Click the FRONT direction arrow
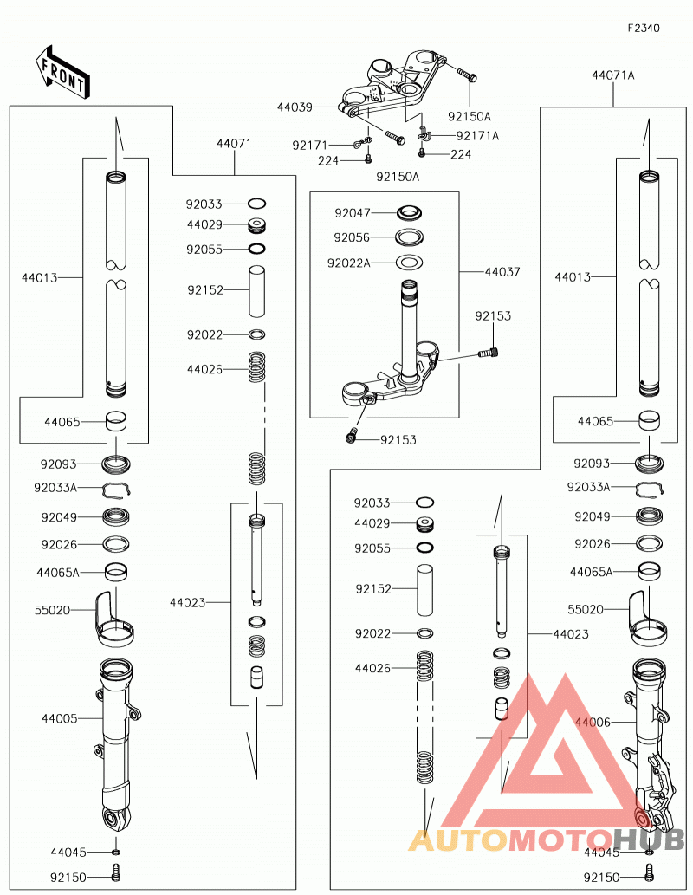click(62, 72)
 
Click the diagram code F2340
click(644, 28)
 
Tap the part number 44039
click(295, 107)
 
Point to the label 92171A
click(477, 136)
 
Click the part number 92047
click(353, 213)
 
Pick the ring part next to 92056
click(409, 237)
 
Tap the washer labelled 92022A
click(409, 262)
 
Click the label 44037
click(502, 272)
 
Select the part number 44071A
click(613, 75)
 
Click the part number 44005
click(60, 718)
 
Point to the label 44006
click(593, 722)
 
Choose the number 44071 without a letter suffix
click(234, 143)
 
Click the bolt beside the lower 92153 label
click(352, 435)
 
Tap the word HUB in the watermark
click(649, 840)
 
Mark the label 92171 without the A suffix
click(310, 146)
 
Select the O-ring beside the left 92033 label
click(257, 204)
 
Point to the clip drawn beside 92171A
click(424, 134)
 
